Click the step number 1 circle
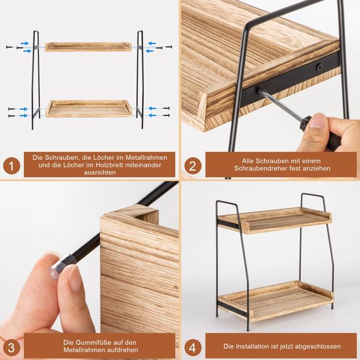(11, 165)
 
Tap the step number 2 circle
(193, 165)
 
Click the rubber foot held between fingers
(61, 264)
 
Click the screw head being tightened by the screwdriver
(259, 91)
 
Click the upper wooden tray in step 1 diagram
(88, 47)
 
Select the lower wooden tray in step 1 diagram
(88, 109)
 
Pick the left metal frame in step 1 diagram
(35, 79)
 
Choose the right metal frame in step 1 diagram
(140, 79)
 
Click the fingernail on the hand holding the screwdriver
(318, 120)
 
